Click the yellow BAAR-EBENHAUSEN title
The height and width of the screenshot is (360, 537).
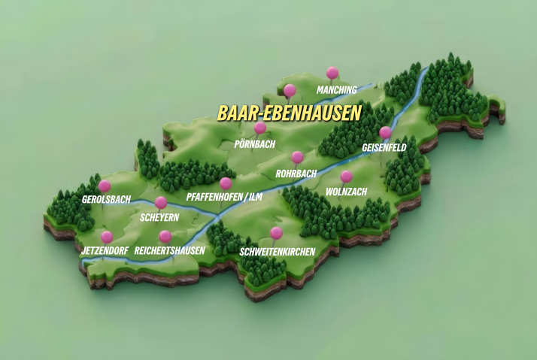(x=290, y=113)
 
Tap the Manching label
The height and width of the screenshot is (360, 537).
(x=336, y=90)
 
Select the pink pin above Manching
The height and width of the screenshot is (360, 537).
(x=332, y=73)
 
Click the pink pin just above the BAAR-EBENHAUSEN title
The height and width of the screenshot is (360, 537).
(x=290, y=91)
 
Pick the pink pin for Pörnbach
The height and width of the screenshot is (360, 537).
(x=260, y=128)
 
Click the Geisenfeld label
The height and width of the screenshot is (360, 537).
(x=384, y=148)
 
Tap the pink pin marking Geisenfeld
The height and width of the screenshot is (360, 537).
(x=385, y=132)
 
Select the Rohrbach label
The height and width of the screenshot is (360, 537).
(x=296, y=174)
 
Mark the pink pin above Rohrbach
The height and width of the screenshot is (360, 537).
(x=297, y=157)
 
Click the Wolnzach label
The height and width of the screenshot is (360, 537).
(x=346, y=192)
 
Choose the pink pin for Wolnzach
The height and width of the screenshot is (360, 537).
(x=346, y=177)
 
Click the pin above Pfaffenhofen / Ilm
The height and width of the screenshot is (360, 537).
(x=226, y=183)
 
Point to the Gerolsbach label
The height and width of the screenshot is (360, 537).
(x=106, y=200)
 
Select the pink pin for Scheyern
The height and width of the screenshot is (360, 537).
(x=160, y=202)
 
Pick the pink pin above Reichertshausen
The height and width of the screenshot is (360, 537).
(x=165, y=236)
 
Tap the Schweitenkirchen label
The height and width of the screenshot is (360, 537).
(x=277, y=252)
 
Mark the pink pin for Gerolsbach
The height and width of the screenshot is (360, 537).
(x=105, y=186)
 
